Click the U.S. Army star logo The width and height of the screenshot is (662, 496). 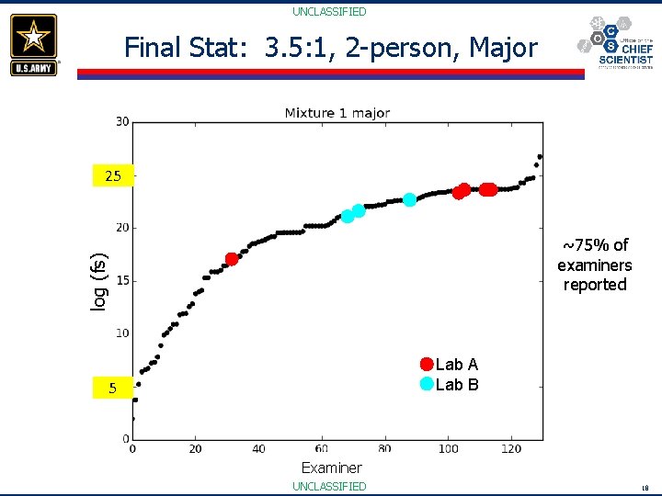coord(34,44)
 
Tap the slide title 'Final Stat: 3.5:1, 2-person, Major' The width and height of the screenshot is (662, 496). coord(330,48)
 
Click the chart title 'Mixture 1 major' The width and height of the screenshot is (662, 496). coord(337,113)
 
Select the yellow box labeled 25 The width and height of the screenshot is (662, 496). coord(112,175)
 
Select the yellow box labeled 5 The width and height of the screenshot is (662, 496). coord(112,389)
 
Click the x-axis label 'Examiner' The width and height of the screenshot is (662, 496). coord(331,468)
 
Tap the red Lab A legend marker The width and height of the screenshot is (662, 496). coord(427,364)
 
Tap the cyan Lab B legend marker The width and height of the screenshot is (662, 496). coord(427,384)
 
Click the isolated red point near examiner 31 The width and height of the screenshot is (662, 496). coord(232,259)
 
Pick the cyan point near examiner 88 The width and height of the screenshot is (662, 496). coord(410,199)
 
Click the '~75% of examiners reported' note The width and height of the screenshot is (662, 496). coord(594,265)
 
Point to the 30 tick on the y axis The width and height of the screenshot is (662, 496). coord(121,121)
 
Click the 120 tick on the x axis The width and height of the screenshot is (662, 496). coord(510,448)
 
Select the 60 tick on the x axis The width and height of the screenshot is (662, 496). coord(321,448)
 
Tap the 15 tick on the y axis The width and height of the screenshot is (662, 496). coord(121,280)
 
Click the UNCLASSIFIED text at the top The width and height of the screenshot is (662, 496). coord(329,12)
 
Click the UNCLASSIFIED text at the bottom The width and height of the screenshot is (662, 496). coord(329,486)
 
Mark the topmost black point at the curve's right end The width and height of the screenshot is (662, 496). coord(540,156)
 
